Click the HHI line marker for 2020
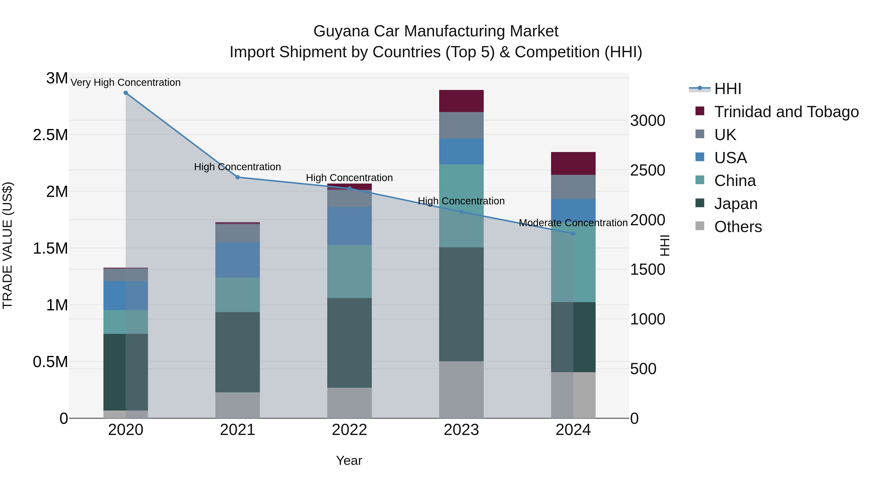125,93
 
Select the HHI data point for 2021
238,177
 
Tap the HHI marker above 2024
573,234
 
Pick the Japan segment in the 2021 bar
238,352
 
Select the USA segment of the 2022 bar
349,226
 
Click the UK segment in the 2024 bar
573,187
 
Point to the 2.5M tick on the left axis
50,135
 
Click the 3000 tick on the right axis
647,121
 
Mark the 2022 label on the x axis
349,430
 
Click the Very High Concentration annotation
125,82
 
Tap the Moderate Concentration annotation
573,223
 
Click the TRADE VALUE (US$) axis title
8,246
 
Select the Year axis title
349,460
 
